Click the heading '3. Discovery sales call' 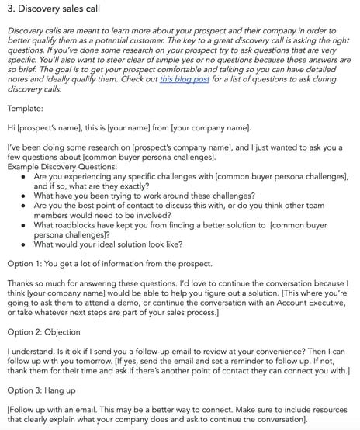click(x=61, y=9)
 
